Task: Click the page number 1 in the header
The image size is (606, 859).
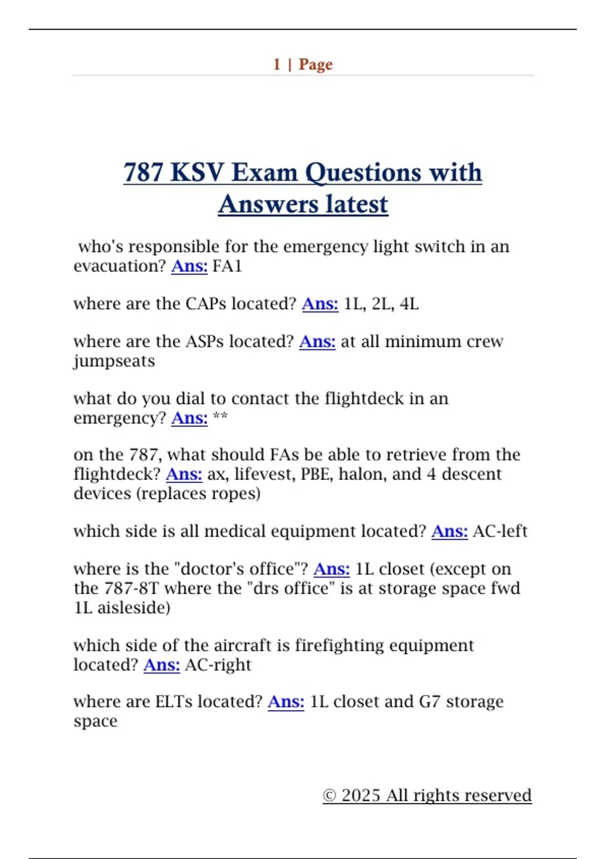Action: [277, 64]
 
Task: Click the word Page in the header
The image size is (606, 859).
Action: [316, 65]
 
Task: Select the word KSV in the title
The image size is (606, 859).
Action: [197, 172]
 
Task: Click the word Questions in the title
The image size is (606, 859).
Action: [363, 172]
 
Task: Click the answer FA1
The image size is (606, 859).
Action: [227, 266]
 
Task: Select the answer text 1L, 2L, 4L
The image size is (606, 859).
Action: [381, 304]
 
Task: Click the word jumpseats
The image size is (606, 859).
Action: [114, 361]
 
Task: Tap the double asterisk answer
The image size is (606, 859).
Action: [220, 417]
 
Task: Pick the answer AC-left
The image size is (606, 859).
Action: [500, 531]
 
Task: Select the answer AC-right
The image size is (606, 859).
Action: [218, 664]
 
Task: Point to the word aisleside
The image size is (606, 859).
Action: [134, 607]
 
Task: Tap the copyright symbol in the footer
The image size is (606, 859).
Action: [329, 795]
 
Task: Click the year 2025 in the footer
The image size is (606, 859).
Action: [361, 795]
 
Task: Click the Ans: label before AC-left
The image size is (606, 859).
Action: [449, 531]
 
